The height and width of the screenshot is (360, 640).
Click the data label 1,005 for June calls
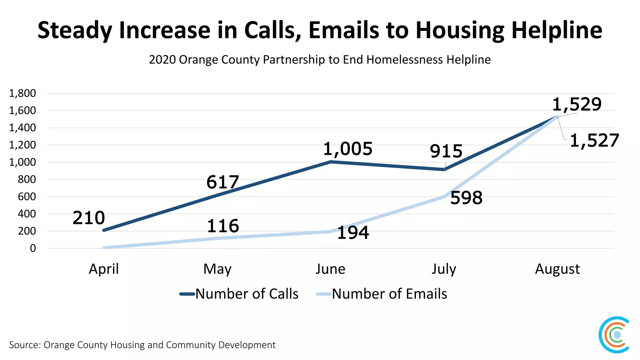click(x=347, y=149)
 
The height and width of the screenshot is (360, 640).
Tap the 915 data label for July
click(x=446, y=151)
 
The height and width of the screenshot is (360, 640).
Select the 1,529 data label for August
click(x=577, y=104)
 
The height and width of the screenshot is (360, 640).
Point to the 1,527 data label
click(x=594, y=141)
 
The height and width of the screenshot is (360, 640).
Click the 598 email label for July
click(x=466, y=198)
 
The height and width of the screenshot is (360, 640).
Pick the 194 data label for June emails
click(x=353, y=233)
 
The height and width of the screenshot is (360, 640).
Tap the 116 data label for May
click(x=223, y=226)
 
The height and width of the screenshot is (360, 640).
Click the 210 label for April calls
click(x=89, y=218)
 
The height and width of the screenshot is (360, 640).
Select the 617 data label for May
click(x=222, y=182)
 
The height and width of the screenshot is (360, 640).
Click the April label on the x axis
click(x=104, y=269)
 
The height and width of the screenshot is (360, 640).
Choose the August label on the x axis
click(x=557, y=269)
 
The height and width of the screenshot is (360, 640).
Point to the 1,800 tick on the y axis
click(x=22, y=93)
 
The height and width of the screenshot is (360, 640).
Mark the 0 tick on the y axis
click(x=33, y=248)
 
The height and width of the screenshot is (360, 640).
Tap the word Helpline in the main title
click(x=557, y=30)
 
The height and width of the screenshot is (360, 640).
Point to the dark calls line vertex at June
click(x=331, y=162)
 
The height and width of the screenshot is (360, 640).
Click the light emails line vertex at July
click(x=444, y=197)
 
